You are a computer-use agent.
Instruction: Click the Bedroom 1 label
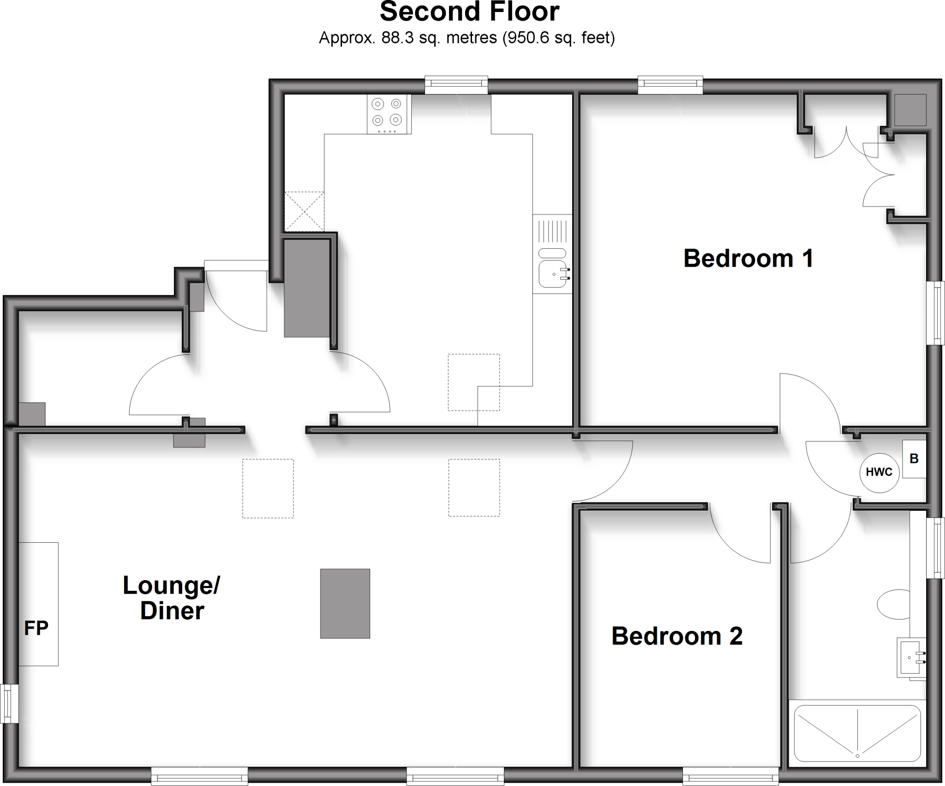tap(748, 258)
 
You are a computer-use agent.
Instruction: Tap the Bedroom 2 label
tap(677, 636)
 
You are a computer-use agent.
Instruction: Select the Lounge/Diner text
tap(172, 598)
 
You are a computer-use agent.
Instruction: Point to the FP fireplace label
tap(36, 628)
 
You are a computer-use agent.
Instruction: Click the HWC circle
tap(879, 472)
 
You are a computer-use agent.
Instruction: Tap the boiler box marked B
tap(914, 459)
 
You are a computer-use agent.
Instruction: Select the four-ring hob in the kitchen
tap(389, 114)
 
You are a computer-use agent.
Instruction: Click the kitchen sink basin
tap(552, 274)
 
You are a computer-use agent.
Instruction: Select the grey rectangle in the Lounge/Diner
tap(345, 603)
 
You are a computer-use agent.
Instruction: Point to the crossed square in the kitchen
tap(304, 211)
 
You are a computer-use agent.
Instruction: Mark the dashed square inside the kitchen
tap(473, 382)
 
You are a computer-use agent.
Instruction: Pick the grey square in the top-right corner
tap(910, 110)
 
